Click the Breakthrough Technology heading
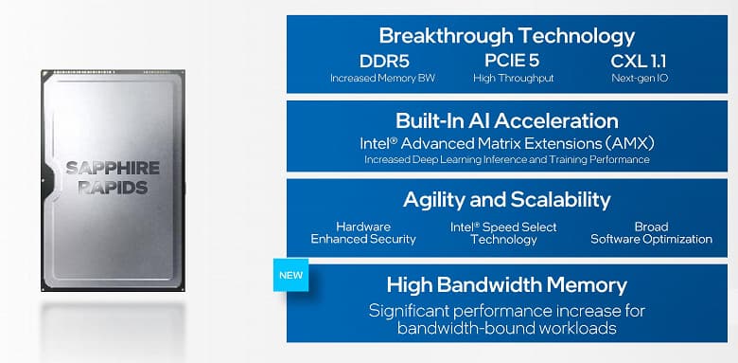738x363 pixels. click(506, 36)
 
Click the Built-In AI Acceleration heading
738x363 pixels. click(506, 120)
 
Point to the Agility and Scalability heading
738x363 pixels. click(506, 200)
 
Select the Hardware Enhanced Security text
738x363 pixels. click(362, 233)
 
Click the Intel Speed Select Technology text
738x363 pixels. click(503, 233)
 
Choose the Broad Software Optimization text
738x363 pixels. click(651, 233)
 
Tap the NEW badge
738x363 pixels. click(290, 276)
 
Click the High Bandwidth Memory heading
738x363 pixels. click(506, 284)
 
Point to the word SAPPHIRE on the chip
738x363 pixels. click(112, 169)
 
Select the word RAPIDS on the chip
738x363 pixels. click(112, 188)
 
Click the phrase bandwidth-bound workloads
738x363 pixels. click(506, 328)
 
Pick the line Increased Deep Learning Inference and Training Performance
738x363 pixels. click(506, 160)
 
